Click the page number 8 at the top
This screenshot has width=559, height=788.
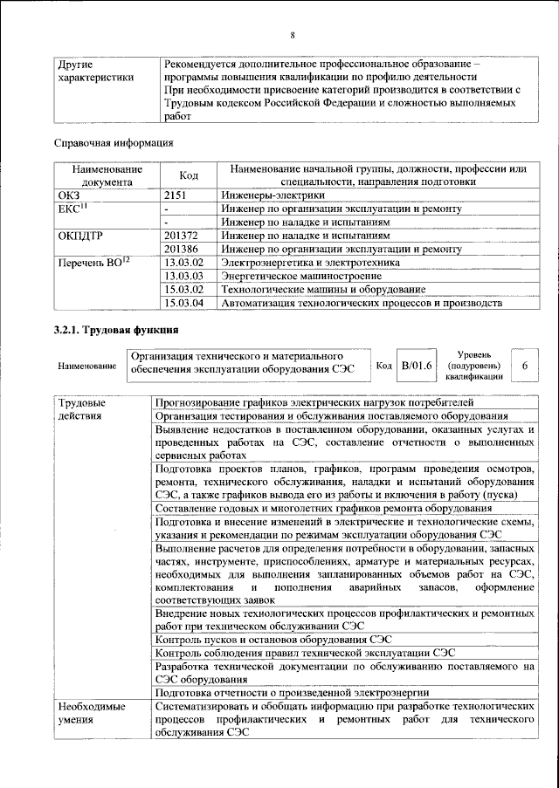(x=293, y=35)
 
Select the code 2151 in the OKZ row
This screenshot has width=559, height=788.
(x=176, y=195)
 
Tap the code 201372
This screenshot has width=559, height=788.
(x=182, y=235)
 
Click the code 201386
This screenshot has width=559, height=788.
(x=182, y=249)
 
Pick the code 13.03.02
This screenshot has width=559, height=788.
(x=183, y=262)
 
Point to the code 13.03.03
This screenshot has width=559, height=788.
(x=183, y=276)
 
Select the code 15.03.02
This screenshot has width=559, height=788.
(x=183, y=289)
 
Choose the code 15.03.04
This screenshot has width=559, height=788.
(x=183, y=303)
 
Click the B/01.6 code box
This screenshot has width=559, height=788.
(x=417, y=365)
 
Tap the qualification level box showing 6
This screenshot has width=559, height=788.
(x=524, y=366)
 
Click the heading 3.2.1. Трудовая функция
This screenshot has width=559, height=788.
(x=117, y=330)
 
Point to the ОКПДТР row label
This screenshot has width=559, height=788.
(x=79, y=235)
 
